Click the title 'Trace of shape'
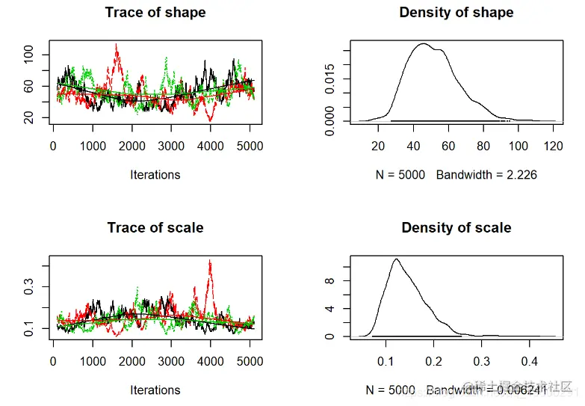tap(155, 13)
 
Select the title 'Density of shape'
tap(456, 13)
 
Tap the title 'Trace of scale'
tap(155, 227)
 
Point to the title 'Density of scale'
tap(456, 227)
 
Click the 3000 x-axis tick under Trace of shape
tap(171, 147)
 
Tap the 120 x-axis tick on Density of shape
tap(554, 147)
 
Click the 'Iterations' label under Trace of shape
tap(155, 175)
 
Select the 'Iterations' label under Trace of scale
tap(155, 390)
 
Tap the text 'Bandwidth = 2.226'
tap(487, 175)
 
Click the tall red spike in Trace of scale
tap(211, 262)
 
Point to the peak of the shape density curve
tap(422, 44)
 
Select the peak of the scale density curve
tap(395, 259)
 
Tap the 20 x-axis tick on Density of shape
tap(379, 147)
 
